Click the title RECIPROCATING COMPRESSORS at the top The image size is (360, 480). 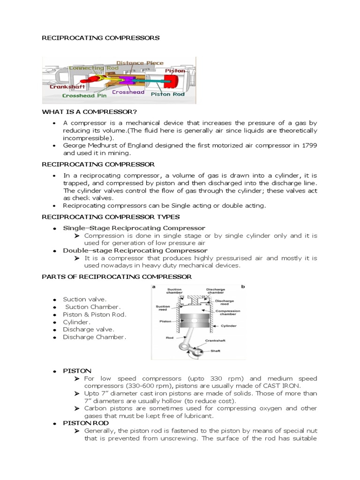[101, 37]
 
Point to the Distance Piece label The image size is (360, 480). [140, 63]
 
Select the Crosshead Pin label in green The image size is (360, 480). [84, 96]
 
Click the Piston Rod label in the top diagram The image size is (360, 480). [167, 94]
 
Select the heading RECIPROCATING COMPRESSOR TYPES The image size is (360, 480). [111, 217]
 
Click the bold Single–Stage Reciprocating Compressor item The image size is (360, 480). [134, 228]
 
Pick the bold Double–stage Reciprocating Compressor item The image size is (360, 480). [135, 250]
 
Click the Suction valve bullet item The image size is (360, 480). [85, 299]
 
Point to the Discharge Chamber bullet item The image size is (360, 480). [94, 337]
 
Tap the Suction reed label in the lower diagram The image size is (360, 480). [162, 308]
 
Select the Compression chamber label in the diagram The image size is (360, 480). [228, 313]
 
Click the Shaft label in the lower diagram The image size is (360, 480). [216, 350]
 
